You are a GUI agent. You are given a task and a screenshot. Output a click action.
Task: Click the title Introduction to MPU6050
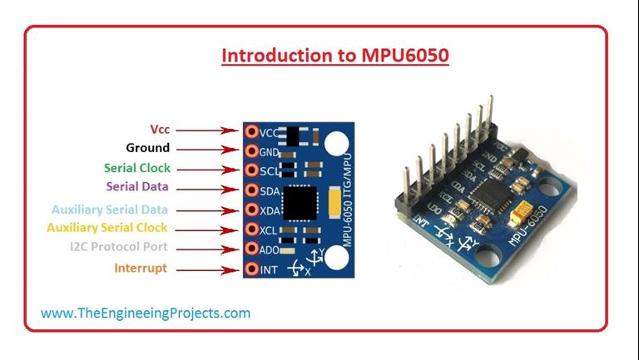tap(334, 57)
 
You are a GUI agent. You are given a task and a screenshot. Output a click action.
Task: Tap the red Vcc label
tap(160, 130)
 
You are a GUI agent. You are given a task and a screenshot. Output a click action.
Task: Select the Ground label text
tap(147, 149)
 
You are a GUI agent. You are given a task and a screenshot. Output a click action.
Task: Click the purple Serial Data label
tap(138, 187)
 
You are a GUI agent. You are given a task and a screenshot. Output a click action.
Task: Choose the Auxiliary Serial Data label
tap(110, 210)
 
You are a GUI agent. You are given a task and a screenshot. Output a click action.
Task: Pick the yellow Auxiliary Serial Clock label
tap(107, 227)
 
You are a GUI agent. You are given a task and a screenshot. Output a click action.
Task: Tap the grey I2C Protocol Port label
tap(119, 247)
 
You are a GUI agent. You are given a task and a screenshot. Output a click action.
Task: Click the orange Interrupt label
tap(141, 269)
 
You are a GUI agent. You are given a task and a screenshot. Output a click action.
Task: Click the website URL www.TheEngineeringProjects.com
tap(146, 313)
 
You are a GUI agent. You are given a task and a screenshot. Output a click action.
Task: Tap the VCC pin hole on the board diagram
tap(251, 131)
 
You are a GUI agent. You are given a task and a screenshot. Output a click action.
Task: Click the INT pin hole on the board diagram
tap(251, 269)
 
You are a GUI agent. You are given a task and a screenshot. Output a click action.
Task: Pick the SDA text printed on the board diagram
tap(270, 191)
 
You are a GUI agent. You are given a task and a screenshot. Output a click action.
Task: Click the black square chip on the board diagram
tap(299, 202)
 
